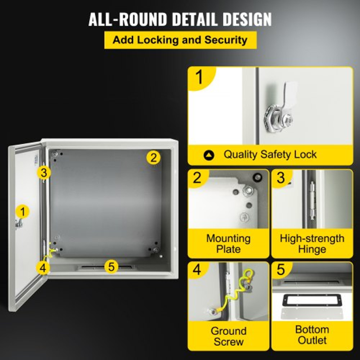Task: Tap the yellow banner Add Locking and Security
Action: [180, 40]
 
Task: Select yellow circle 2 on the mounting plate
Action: [153, 157]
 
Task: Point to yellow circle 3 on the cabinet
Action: [43, 173]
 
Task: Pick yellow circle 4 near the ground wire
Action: [43, 267]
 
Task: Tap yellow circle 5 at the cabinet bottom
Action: [111, 266]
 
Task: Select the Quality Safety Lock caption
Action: [270, 155]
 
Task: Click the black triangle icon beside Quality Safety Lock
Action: [209, 155]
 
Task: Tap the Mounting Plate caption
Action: [228, 244]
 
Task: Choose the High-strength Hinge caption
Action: [312, 244]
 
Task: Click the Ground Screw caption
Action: [228, 336]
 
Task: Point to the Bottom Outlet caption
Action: [312, 335]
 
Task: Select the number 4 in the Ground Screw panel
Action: [197, 270]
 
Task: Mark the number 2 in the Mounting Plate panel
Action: [197, 177]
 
